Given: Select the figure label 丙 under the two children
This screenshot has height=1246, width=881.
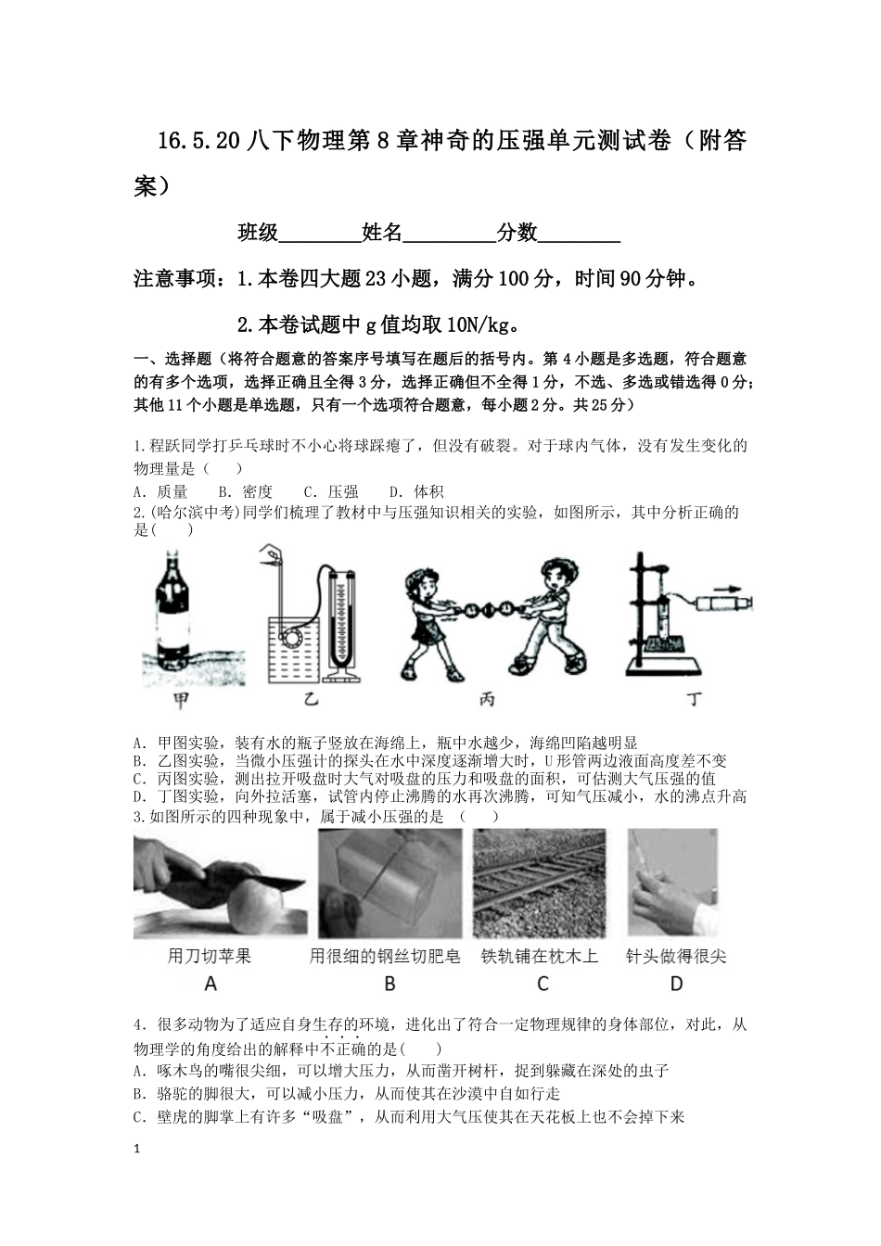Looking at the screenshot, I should (x=487, y=700).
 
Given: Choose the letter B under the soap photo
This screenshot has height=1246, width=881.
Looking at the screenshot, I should (x=389, y=984).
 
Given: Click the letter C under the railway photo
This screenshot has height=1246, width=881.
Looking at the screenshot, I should (x=543, y=984).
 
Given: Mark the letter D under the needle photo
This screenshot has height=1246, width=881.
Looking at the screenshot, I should (x=676, y=984).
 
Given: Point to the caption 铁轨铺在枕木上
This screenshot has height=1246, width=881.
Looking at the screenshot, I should (x=540, y=956).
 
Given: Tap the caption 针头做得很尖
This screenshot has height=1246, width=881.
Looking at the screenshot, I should (x=676, y=956).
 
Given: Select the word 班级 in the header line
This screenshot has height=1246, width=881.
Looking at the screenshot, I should (x=259, y=233).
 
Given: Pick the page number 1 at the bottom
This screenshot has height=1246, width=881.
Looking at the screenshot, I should (x=138, y=1150).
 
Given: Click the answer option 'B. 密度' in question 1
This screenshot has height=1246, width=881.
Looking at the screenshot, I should (x=245, y=491).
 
